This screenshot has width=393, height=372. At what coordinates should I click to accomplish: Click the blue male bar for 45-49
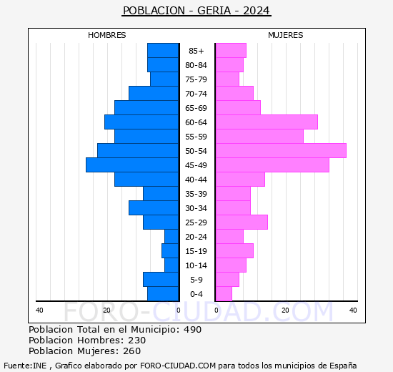(x=132, y=165)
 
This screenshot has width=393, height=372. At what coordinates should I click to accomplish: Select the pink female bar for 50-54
(x=281, y=151)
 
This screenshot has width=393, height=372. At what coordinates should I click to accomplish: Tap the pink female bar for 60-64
(x=267, y=122)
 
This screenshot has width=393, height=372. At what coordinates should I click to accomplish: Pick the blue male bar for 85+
(x=163, y=51)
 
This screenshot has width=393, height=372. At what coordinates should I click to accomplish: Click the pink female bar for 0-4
(x=224, y=294)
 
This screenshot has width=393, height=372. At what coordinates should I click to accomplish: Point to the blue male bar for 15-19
(x=170, y=251)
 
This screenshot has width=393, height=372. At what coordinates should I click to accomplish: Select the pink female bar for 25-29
(x=242, y=222)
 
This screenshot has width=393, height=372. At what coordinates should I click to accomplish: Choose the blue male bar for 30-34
(x=154, y=208)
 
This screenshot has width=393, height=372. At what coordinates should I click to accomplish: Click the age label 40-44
(x=196, y=180)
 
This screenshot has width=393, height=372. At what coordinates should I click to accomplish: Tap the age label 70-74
(x=196, y=94)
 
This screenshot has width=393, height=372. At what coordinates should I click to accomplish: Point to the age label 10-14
(x=196, y=265)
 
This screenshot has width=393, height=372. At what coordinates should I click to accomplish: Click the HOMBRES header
(x=107, y=35)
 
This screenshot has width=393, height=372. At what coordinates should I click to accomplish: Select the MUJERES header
(x=286, y=35)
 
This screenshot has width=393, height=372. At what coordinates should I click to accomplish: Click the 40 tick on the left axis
(x=39, y=310)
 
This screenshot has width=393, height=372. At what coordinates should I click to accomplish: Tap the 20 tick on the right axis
(x=285, y=310)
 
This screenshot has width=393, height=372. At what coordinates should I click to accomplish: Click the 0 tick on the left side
(x=179, y=310)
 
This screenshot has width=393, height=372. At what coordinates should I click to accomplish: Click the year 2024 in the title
(x=256, y=11)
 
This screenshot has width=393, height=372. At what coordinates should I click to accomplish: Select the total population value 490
(x=191, y=330)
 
